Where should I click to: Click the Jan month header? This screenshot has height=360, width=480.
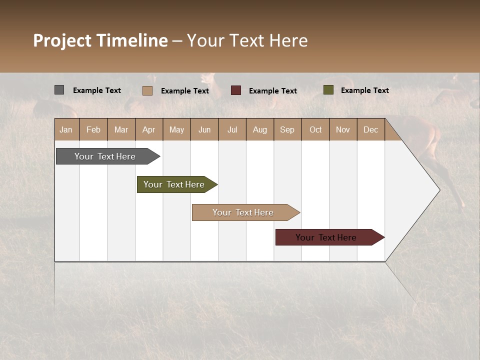tap(66, 129)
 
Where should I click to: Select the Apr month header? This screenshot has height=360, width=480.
tap(148, 129)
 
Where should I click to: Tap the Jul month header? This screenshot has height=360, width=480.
tap(232, 129)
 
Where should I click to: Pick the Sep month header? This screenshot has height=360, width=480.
tap(287, 129)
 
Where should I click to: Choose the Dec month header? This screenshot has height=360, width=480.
tap(370, 129)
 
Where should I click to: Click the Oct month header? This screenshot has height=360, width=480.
tap(315, 129)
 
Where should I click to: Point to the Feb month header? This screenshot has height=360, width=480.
tap(93, 129)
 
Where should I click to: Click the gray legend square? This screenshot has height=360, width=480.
tap(59, 90)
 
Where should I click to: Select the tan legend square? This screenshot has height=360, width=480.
tap(147, 90)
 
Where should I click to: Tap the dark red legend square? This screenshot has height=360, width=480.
tap(235, 90)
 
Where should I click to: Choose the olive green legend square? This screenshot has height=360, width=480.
tap(328, 90)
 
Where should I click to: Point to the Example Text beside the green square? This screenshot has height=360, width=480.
tap(364, 90)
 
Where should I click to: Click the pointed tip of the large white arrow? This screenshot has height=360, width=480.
tap(438, 190)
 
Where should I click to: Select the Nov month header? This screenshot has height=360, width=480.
tap(342, 129)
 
